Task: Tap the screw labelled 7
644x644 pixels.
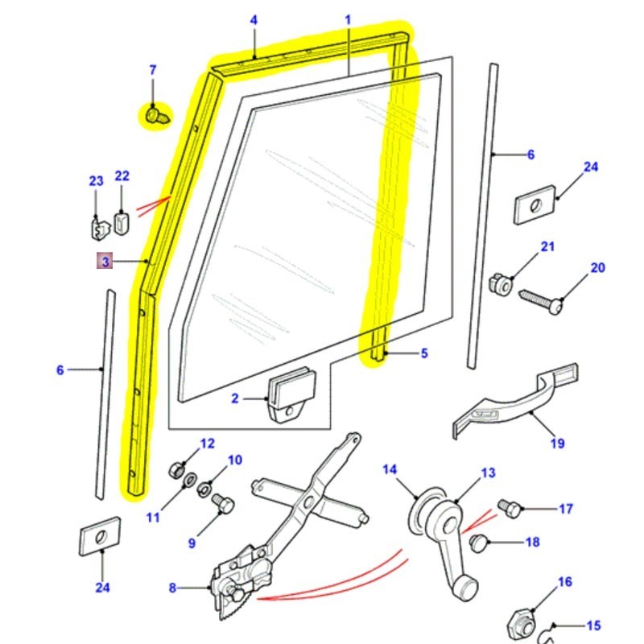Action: [155, 118]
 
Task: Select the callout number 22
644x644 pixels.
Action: [122, 175]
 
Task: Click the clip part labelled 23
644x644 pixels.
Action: [97, 228]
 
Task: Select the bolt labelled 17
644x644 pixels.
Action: [510, 507]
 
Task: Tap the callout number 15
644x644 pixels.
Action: [593, 625]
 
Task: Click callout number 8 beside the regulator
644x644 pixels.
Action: [172, 588]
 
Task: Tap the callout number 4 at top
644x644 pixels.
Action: [254, 19]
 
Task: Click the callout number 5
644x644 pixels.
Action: [424, 353]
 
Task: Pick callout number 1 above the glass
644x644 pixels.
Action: [349, 19]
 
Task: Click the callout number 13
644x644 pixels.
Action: [489, 473]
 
